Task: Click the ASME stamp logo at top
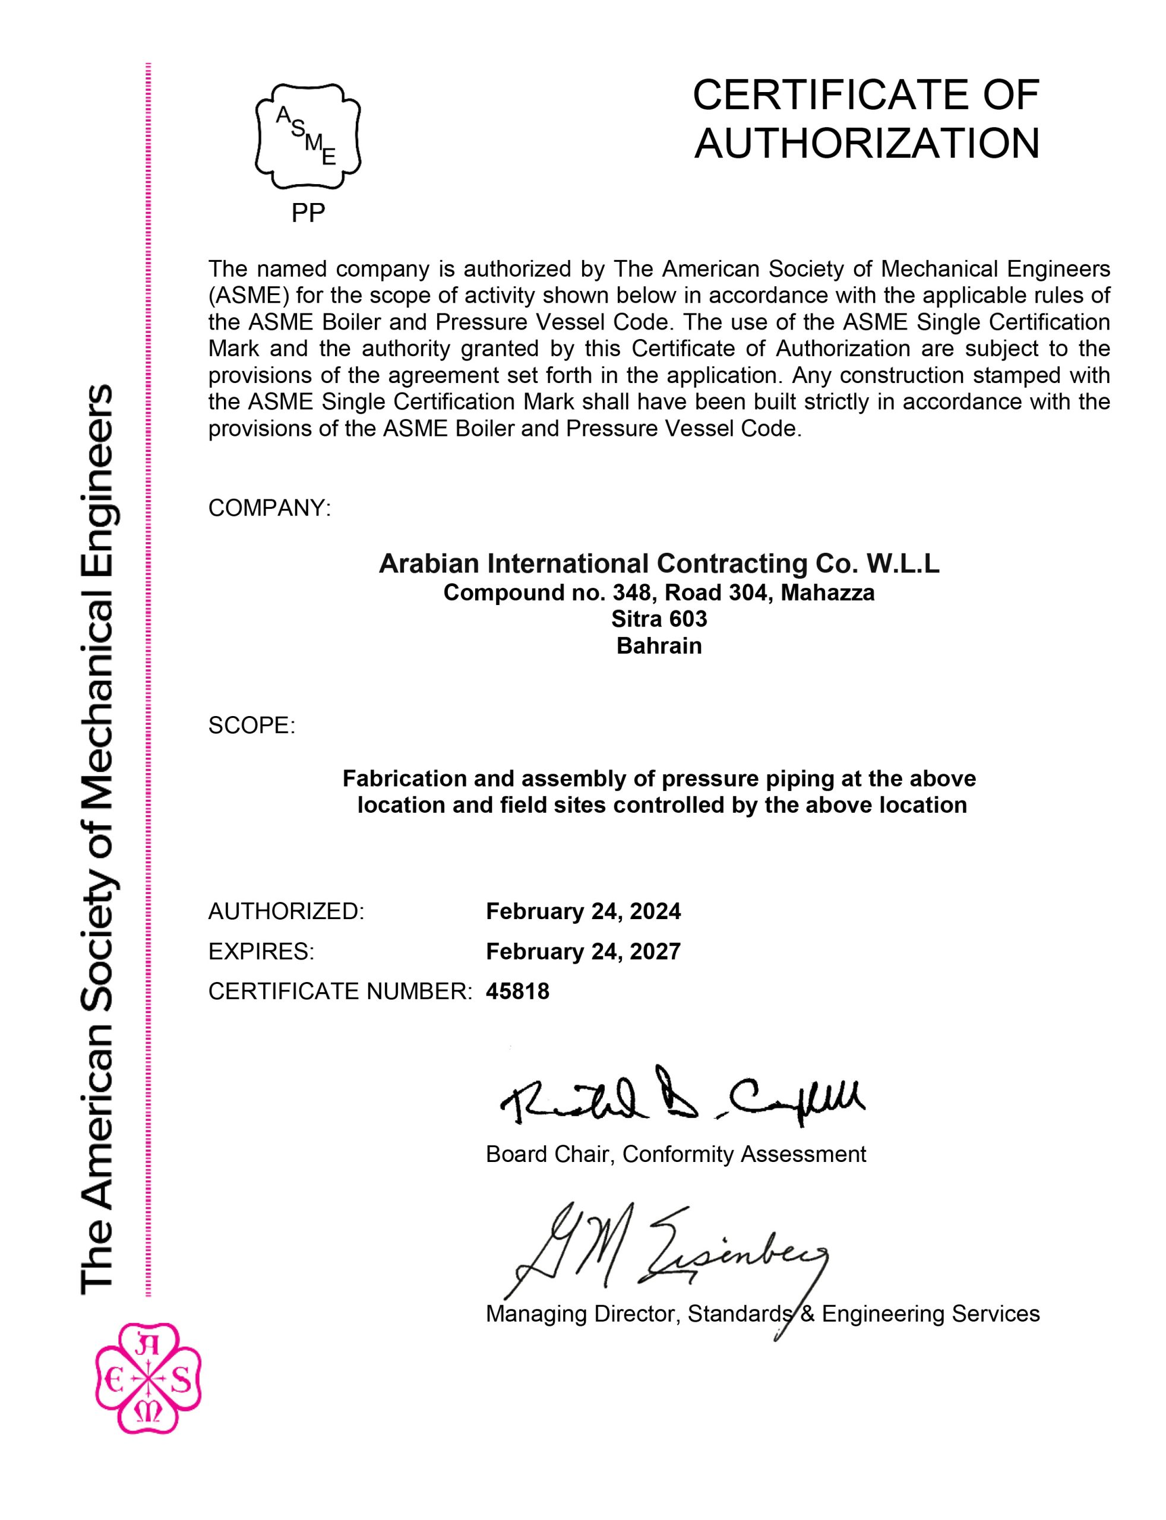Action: (x=308, y=136)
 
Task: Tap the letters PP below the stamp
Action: (x=308, y=213)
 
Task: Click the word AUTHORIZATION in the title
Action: (x=866, y=144)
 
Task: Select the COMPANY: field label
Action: (x=269, y=508)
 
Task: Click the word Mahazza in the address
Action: (x=827, y=593)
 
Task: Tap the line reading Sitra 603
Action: (x=659, y=619)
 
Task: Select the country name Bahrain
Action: (x=659, y=646)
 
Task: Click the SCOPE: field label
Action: (x=251, y=726)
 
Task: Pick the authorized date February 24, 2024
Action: (x=583, y=911)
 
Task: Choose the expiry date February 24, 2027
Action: (x=583, y=951)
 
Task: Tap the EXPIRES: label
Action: (x=261, y=951)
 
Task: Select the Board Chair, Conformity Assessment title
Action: (x=675, y=1154)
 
